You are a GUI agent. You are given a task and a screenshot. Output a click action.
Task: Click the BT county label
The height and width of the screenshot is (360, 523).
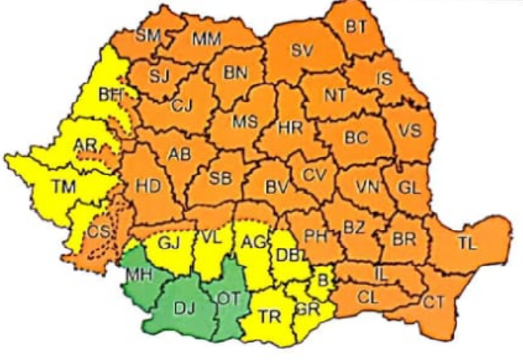[x=356, y=27]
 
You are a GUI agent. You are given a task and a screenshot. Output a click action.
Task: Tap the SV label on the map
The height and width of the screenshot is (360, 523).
[x=302, y=50]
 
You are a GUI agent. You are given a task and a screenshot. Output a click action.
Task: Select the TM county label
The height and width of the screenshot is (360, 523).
[x=64, y=186]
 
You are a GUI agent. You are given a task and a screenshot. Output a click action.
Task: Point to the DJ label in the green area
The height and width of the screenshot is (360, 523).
[x=184, y=309]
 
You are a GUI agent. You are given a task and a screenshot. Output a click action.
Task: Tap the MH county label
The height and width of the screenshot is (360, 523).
[x=139, y=274]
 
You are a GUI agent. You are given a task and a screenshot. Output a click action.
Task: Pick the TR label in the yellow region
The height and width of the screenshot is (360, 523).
[x=270, y=316]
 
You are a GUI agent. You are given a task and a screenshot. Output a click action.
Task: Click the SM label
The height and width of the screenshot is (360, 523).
[x=148, y=35]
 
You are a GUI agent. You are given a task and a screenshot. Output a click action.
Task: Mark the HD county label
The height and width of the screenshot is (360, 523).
[x=148, y=186]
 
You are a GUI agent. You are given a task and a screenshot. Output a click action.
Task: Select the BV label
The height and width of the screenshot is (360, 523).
[x=277, y=187]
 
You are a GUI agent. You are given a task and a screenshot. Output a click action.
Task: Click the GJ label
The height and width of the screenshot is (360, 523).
[x=169, y=242]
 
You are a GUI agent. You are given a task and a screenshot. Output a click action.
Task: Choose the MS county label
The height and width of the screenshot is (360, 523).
[x=245, y=121]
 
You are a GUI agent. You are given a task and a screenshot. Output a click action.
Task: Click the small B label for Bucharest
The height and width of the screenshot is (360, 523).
[x=323, y=280]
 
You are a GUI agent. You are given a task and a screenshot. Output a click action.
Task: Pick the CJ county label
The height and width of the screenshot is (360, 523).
[x=181, y=105]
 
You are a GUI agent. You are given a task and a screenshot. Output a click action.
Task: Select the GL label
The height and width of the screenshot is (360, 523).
[x=409, y=187]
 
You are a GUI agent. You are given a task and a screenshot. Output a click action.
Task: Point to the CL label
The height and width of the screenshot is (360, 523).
[x=368, y=297]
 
